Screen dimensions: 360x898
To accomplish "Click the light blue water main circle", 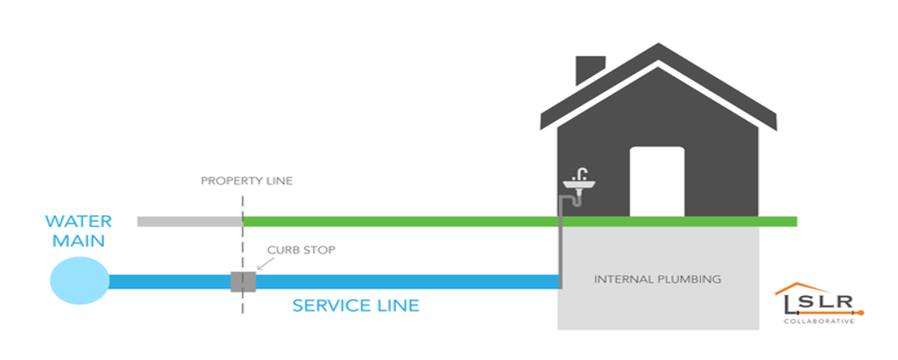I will [79, 281].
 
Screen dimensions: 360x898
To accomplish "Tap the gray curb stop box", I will [242, 282].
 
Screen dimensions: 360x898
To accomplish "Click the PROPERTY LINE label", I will [246, 181].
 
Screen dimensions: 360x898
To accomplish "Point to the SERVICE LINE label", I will [355, 306].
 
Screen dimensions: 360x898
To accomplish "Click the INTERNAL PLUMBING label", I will [657, 279].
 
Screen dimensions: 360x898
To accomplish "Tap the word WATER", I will [78, 221].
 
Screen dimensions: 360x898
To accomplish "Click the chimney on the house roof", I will [590, 70].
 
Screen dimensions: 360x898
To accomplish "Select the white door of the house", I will [657, 180].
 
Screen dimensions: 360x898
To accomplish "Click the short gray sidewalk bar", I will [189, 221].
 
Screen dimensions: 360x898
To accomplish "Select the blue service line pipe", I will [400, 282].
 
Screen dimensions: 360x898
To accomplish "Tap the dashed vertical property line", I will [242, 320].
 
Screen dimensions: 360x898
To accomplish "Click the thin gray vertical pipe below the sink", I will [561, 248].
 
